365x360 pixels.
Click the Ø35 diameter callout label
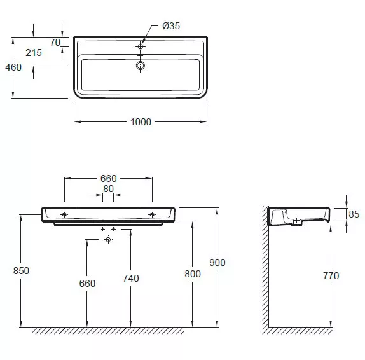171,26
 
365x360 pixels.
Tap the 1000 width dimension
141,122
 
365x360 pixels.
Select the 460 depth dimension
13,67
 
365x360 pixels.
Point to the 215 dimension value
34,53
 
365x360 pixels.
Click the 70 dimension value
55,43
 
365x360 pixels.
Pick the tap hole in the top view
140,46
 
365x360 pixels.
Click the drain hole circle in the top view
140,66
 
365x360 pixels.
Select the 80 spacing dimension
108,189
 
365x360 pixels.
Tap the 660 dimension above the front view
109,179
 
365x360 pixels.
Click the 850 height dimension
21,270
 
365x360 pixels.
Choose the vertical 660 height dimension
87,284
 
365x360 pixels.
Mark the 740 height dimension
131,278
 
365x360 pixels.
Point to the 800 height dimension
193,274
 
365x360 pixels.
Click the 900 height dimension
217,263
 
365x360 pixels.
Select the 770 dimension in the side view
331,275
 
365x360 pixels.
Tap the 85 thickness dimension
354,214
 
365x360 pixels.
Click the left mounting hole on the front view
64,214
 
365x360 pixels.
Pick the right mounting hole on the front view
152,214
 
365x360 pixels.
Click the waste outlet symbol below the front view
108,239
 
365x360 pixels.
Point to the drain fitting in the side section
296,221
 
